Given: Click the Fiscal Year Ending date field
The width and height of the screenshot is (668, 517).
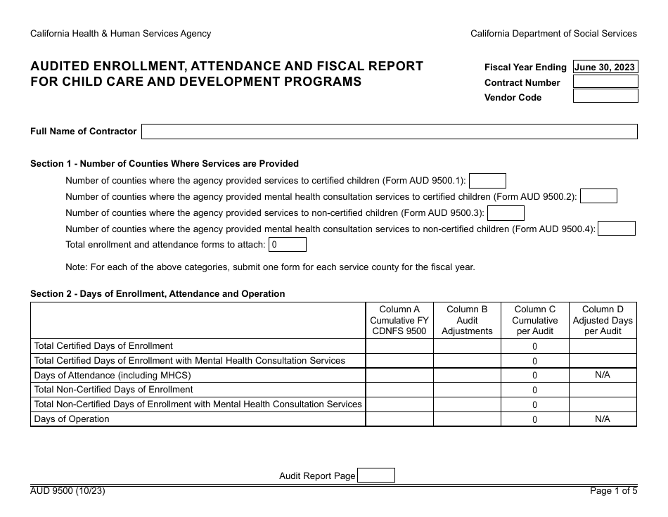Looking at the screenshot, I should pyautogui.click(x=605, y=68).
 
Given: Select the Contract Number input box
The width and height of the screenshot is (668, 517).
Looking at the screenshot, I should pyautogui.click(x=605, y=82).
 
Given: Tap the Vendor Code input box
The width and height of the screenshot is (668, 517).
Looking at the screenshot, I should pyautogui.click(x=605, y=96).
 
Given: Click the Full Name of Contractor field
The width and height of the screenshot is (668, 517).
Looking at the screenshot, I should pyautogui.click(x=390, y=132).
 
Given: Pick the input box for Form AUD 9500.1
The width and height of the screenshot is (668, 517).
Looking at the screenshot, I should pyautogui.click(x=487, y=181).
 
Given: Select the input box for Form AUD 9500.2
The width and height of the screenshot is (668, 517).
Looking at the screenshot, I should pyautogui.click(x=598, y=196).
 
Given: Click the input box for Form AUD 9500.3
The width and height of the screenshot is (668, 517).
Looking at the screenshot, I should pyautogui.click(x=506, y=212).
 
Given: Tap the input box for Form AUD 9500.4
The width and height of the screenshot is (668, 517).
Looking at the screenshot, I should pyautogui.click(x=617, y=229).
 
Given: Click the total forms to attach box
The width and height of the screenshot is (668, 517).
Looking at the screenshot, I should pyautogui.click(x=288, y=245).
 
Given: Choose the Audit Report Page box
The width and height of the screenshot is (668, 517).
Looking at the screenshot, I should pyautogui.click(x=376, y=475).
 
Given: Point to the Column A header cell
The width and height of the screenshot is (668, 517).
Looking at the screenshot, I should pyautogui.click(x=399, y=320).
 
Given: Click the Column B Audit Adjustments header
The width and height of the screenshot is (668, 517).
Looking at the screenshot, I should pyautogui.click(x=467, y=320).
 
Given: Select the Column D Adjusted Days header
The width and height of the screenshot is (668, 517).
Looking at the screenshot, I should pyautogui.click(x=603, y=320).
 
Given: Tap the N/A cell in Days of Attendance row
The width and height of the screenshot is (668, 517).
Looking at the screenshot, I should pyautogui.click(x=603, y=375).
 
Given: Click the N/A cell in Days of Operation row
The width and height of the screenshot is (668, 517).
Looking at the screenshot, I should pyautogui.click(x=603, y=419).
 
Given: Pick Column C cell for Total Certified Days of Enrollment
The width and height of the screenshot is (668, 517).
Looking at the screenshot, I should pyautogui.click(x=534, y=346).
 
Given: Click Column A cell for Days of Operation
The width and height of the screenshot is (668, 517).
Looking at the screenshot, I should pyautogui.click(x=399, y=419).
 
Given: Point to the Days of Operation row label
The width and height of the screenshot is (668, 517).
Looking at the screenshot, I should pyautogui.click(x=72, y=419).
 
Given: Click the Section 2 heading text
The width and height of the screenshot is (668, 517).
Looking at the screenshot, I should pyautogui.click(x=158, y=294).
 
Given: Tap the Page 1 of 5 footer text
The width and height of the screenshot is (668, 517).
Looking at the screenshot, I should pyautogui.click(x=613, y=491).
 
